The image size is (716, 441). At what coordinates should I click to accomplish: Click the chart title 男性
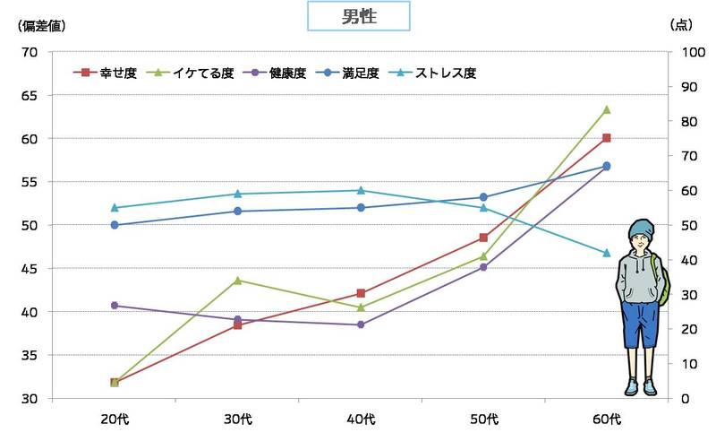pos(358,16)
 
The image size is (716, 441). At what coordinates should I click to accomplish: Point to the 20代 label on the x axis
pos(114,419)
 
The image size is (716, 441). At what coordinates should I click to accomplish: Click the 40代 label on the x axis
pos(360,419)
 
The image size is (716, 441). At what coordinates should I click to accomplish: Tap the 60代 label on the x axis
pos(606,419)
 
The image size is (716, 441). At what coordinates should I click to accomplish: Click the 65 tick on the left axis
pos(29,95)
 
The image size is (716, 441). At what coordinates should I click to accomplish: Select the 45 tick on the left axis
pos(29,268)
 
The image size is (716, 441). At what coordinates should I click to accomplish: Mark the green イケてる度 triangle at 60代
pos(607,109)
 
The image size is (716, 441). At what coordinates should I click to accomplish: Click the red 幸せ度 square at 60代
pos(607,138)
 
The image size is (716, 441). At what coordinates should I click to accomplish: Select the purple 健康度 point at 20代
pos(115,306)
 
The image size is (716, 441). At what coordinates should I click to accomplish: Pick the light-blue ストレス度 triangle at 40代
pos(361,190)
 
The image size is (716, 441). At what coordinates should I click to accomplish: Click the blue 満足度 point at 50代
pos(483,197)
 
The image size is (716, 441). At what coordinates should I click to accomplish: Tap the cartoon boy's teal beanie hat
pos(641,229)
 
